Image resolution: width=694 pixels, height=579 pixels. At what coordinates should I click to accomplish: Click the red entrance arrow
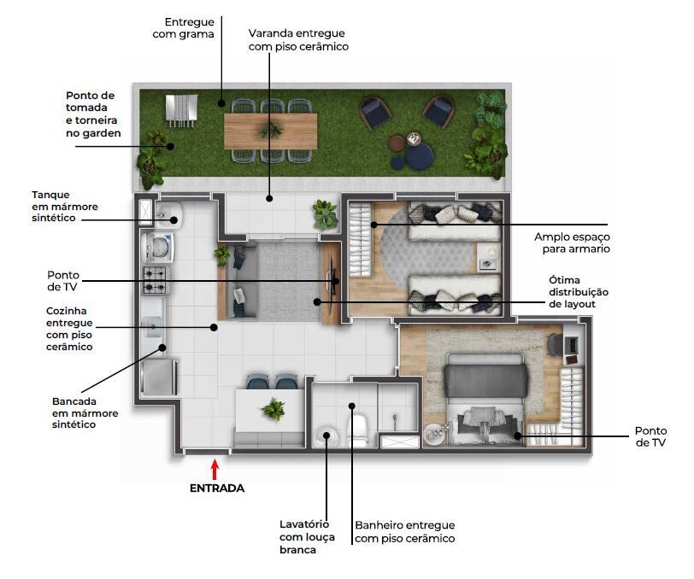[x=215, y=469]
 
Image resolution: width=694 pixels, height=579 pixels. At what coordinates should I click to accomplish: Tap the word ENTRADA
[x=216, y=488]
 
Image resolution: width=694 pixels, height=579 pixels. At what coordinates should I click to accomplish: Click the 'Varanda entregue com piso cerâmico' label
[x=298, y=40]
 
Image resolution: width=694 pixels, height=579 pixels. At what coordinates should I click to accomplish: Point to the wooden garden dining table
[x=270, y=131]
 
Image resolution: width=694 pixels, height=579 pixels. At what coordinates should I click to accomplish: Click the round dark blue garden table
[x=419, y=156]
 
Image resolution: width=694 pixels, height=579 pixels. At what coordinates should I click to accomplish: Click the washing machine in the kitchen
[x=159, y=247]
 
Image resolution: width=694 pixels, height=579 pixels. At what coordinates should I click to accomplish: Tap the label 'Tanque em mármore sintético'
[x=65, y=207]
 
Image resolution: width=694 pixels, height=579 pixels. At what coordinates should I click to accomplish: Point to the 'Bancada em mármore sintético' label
[x=85, y=412]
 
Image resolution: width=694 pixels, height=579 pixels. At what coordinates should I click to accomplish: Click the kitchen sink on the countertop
[x=154, y=327]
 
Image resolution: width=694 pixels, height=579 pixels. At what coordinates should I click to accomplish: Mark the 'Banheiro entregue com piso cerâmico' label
[x=404, y=532]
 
